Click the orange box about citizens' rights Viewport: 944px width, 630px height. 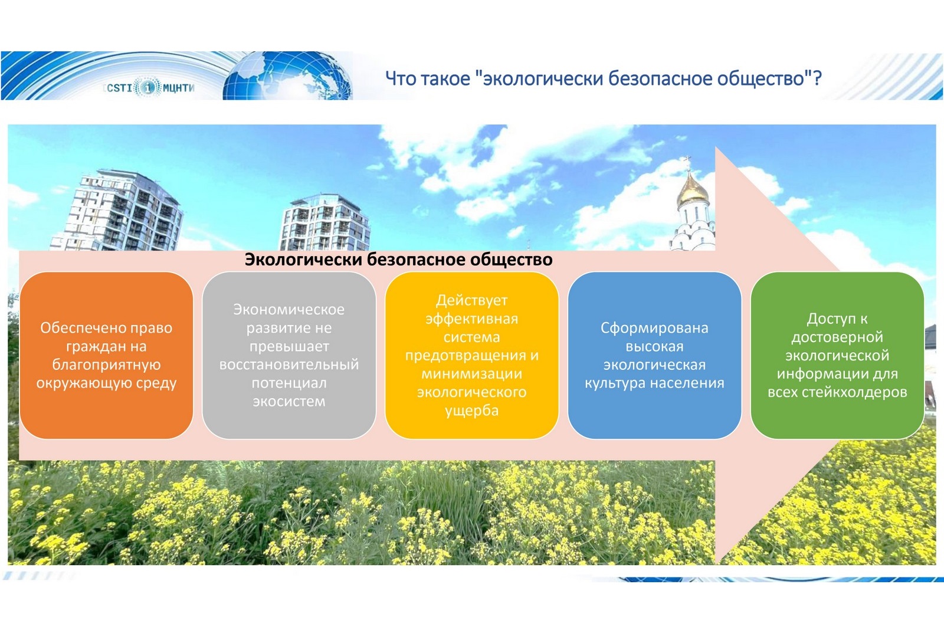tap(106, 355)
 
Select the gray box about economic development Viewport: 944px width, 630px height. tap(289, 355)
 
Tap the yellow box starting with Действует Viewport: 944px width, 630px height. tap(471, 355)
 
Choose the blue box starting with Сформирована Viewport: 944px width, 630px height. tap(654, 355)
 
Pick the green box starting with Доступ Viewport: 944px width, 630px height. tap(837, 355)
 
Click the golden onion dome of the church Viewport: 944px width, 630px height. tap(693, 191)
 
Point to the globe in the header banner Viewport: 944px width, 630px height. tap(289, 76)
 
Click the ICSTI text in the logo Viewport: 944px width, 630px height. tap(119, 88)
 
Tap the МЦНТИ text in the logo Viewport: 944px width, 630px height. tap(178, 88)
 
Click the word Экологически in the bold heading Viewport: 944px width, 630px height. tap(303, 260)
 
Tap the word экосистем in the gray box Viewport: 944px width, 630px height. tap(289, 401)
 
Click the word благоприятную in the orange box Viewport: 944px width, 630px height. tap(106, 365)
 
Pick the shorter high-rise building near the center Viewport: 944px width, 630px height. tap(324, 222)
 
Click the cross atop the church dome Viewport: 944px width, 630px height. tap(688, 161)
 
